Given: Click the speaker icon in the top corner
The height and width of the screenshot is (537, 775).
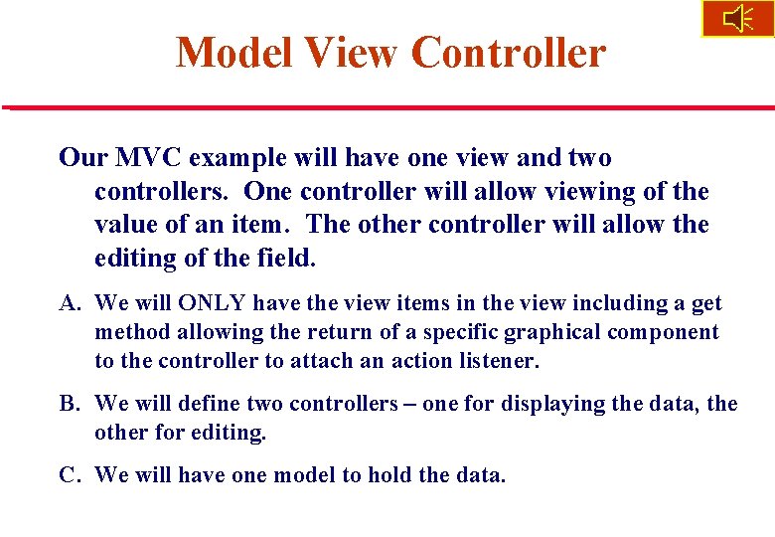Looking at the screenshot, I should [738, 19].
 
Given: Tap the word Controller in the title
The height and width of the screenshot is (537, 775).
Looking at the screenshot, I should [508, 53].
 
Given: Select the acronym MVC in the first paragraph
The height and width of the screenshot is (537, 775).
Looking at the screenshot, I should [146, 158].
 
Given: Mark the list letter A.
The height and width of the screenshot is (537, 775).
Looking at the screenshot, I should [68, 303].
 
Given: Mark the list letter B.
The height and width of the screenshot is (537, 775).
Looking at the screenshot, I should [68, 405].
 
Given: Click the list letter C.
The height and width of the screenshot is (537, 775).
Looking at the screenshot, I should [68, 475].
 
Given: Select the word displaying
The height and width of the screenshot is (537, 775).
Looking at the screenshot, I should [551, 405].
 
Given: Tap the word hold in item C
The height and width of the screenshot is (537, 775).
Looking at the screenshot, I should [390, 475].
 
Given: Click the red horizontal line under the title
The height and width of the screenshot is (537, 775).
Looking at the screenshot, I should [387, 106].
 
